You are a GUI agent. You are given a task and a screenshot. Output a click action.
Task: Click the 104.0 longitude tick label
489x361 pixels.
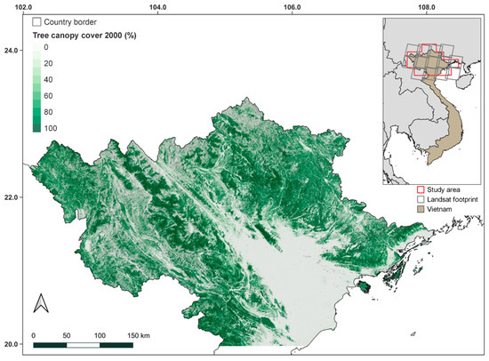click(x=157, y=7)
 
